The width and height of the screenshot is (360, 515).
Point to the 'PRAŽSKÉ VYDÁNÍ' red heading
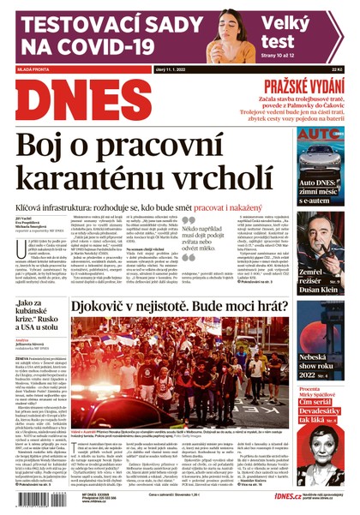pos(304,87)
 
